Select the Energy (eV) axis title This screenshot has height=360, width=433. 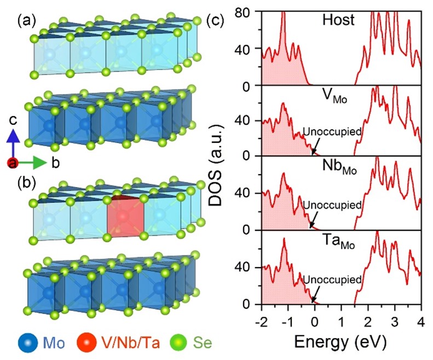pos(340,341)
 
